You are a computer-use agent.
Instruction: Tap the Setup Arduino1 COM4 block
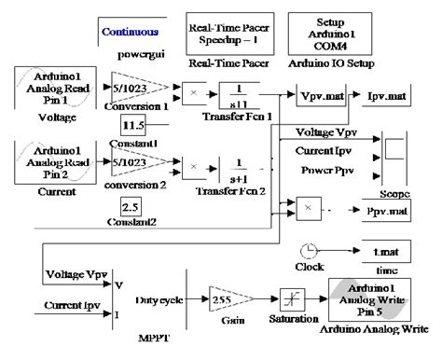click(325, 33)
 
